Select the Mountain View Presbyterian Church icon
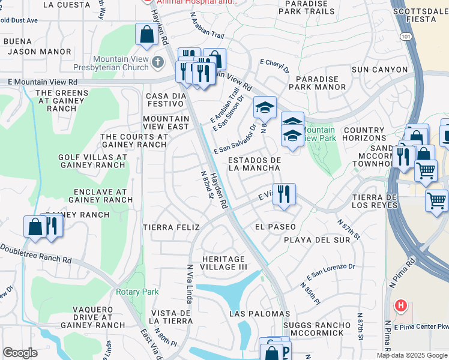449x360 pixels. point(157,61)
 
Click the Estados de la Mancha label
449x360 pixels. point(255,164)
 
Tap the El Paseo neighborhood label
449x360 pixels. point(276,227)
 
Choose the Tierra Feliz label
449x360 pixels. point(169,227)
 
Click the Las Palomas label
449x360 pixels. point(259,314)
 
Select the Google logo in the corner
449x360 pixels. point(20,353)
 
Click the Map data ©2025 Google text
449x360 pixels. point(412,355)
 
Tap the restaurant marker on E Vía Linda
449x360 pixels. point(284,194)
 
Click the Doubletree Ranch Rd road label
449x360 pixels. point(36,253)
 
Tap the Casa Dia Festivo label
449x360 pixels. point(164,100)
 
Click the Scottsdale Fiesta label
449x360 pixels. point(420,15)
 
